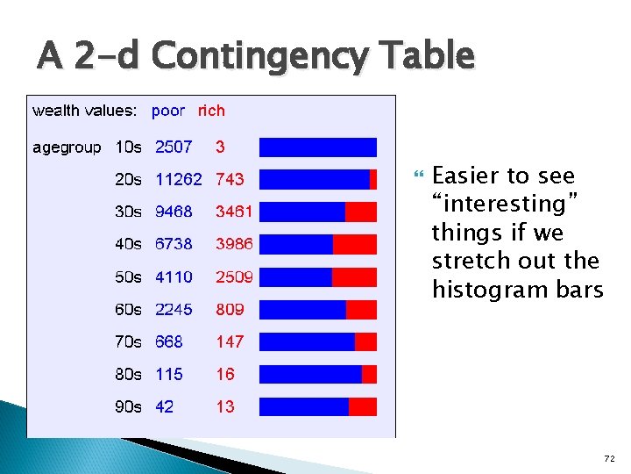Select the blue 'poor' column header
[x=168, y=111]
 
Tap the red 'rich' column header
[x=211, y=111]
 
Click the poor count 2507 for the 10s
[x=174, y=147]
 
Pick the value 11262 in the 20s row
[x=179, y=179]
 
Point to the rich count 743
[x=230, y=179]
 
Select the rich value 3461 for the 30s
[x=234, y=212]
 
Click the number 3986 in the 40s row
[x=234, y=244]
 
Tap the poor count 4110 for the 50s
[x=174, y=276]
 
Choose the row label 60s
[x=128, y=309]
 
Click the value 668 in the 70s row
[x=169, y=341]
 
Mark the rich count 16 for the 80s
[x=225, y=374]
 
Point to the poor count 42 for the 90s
[x=165, y=406]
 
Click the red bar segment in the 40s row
[x=354, y=244]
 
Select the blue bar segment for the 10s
[x=317, y=147]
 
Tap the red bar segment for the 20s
[x=373, y=179]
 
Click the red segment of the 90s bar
[x=362, y=406]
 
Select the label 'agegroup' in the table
[x=67, y=147]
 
